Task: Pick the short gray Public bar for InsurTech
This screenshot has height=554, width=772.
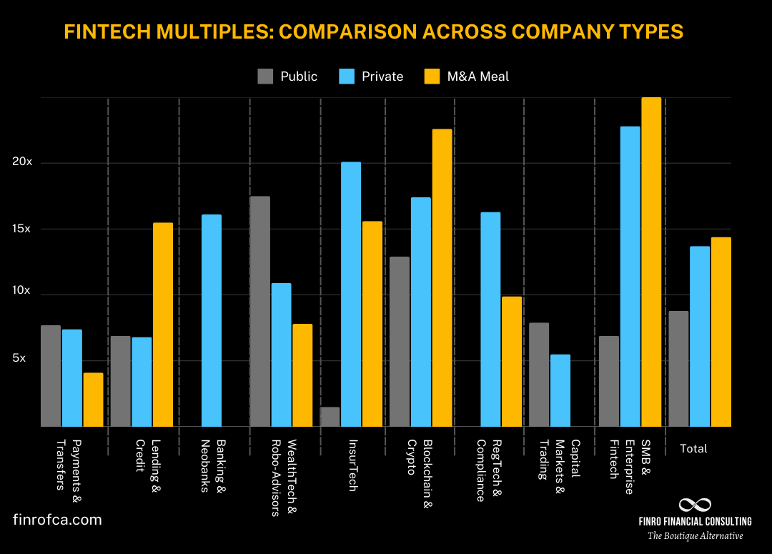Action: coord(330,417)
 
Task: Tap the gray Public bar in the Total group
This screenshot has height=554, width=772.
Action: coord(679,369)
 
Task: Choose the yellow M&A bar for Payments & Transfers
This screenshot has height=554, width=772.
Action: coord(93,400)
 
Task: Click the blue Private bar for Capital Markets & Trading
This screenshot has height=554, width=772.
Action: coord(560,390)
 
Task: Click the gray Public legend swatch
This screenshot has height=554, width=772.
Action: coord(266,76)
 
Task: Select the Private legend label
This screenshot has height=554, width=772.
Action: coord(382,76)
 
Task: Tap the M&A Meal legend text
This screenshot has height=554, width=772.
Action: coord(477,76)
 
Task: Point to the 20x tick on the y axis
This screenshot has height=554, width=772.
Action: coord(22,162)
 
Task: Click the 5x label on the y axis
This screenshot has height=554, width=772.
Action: coord(19,357)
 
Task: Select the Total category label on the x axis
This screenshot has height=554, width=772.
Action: coord(693,449)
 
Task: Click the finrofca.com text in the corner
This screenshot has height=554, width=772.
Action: coord(57,520)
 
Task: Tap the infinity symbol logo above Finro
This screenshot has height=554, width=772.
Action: coord(695,505)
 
